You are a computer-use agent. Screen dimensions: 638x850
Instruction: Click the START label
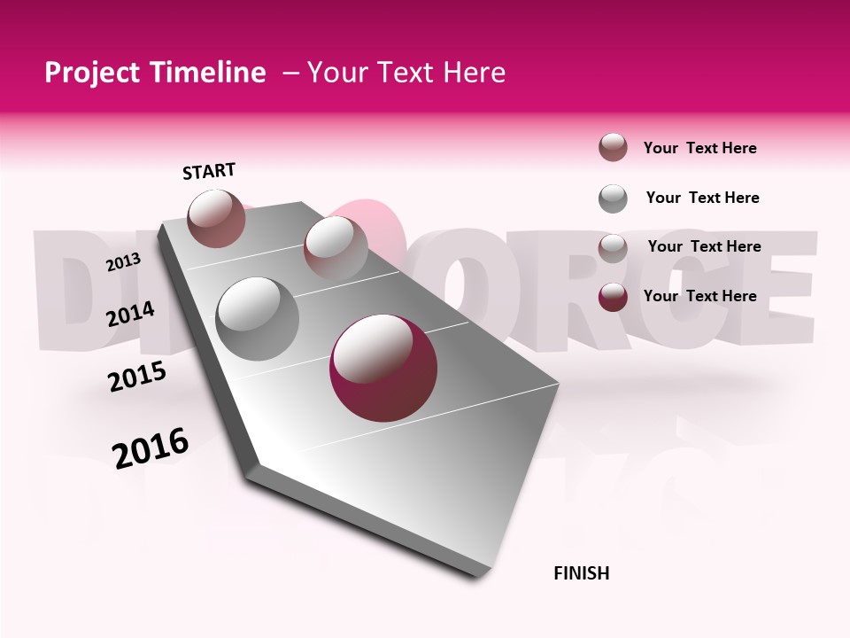tap(209, 171)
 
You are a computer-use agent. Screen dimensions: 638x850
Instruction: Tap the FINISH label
tap(581, 573)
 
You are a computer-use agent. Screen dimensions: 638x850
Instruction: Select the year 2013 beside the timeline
tap(123, 262)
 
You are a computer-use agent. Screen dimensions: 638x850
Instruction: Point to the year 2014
tap(130, 314)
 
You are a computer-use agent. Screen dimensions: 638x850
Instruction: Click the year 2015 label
tap(136, 377)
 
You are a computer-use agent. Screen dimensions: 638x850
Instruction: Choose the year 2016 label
tap(151, 448)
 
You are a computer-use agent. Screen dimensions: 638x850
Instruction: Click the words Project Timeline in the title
tap(155, 73)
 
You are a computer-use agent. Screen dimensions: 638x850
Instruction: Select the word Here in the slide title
tap(474, 73)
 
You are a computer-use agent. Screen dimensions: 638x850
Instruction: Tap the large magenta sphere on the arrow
tap(382, 367)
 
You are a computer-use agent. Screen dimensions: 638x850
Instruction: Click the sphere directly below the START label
tap(216, 218)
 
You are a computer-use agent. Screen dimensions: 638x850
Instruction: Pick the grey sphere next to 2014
tap(257, 318)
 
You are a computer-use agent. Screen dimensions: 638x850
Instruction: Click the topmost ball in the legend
tap(613, 147)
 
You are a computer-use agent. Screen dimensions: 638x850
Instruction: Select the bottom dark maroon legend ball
tap(613, 297)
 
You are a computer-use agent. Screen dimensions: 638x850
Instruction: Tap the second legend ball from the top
tap(613, 198)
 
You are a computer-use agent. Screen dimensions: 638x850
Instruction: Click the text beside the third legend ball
tap(704, 246)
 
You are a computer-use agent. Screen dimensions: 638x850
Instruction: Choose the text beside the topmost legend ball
tap(699, 148)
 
